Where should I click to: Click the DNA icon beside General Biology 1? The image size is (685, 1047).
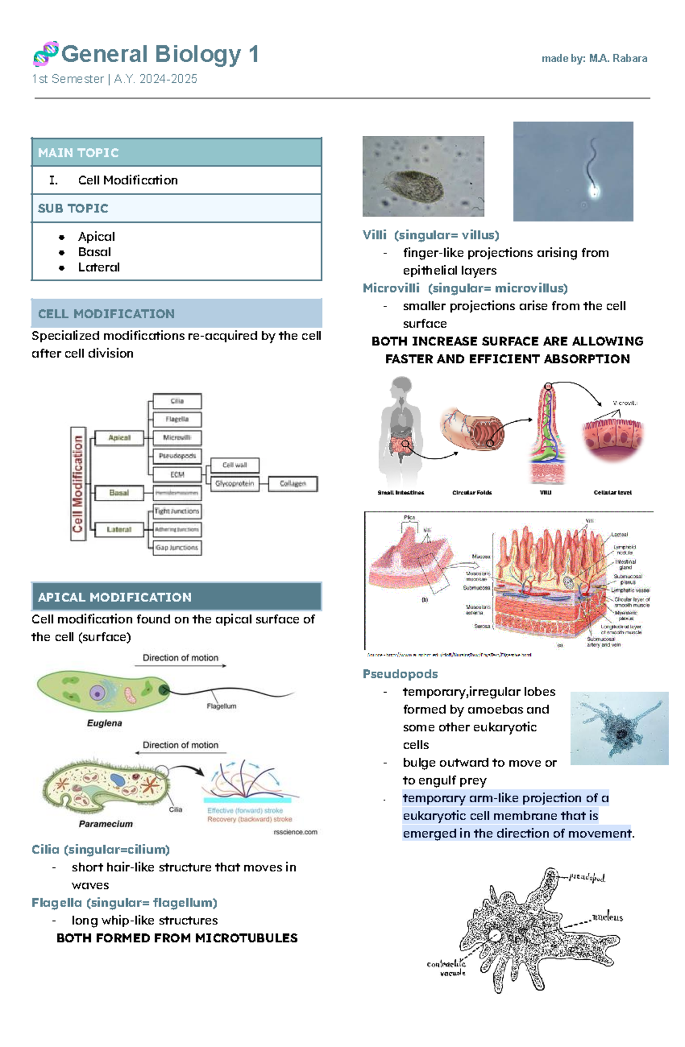46,54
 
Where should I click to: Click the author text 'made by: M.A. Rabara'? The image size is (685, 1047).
594,58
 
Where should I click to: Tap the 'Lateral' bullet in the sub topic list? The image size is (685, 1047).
99,267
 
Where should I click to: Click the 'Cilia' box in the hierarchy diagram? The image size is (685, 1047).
177,401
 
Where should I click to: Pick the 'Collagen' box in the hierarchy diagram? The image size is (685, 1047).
293,483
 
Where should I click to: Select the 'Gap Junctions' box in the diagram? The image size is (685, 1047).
177,547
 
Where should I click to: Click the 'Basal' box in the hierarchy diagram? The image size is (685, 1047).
119,492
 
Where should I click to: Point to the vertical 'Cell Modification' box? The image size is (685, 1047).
78,483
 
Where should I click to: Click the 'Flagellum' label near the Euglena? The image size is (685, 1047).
221,706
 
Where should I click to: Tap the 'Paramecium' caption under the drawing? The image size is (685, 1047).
106,824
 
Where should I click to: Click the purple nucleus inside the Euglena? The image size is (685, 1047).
98,693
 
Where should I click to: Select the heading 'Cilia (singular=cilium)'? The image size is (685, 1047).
100,850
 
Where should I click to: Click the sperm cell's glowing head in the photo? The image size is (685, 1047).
594,191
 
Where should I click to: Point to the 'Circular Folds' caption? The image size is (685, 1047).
472,492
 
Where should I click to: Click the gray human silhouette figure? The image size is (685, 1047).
401,428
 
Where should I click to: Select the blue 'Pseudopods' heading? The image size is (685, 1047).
400,674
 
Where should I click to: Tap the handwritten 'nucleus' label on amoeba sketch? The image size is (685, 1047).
607,917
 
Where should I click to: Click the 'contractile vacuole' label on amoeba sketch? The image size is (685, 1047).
446,968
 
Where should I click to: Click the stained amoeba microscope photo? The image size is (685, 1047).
619,728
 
